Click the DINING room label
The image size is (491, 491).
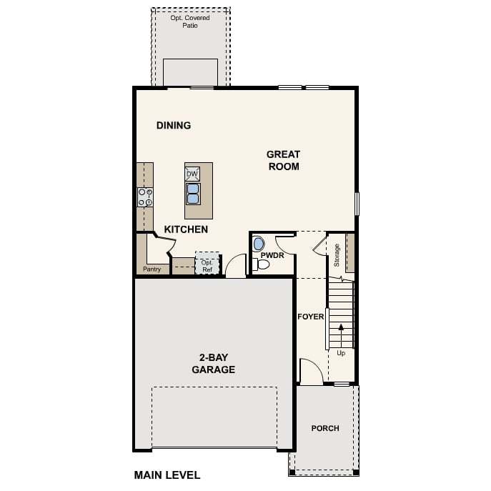(x=174, y=125)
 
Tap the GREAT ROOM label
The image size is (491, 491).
(x=284, y=160)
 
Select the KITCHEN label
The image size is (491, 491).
(x=186, y=229)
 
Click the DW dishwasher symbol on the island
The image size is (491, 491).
(x=192, y=174)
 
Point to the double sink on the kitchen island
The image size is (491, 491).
(x=193, y=194)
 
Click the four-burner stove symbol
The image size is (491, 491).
(x=145, y=197)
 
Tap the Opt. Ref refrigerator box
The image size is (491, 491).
(x=207, y=263)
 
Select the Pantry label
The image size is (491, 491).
(x=152, y=269)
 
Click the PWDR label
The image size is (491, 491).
(x=272, y=255)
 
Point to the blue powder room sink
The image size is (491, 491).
(x=259, y=244)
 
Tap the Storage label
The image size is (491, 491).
(x=337, y=255)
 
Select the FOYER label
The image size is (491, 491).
(x=311, y=317)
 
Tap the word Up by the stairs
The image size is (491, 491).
(x=341, y=353)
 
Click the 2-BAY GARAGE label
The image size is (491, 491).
(x=214, y=363)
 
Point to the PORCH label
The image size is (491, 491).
(x=325, y=428)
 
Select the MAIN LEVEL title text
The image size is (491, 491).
(x=167, y=475)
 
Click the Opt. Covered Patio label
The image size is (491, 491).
(x=190, y=21)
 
